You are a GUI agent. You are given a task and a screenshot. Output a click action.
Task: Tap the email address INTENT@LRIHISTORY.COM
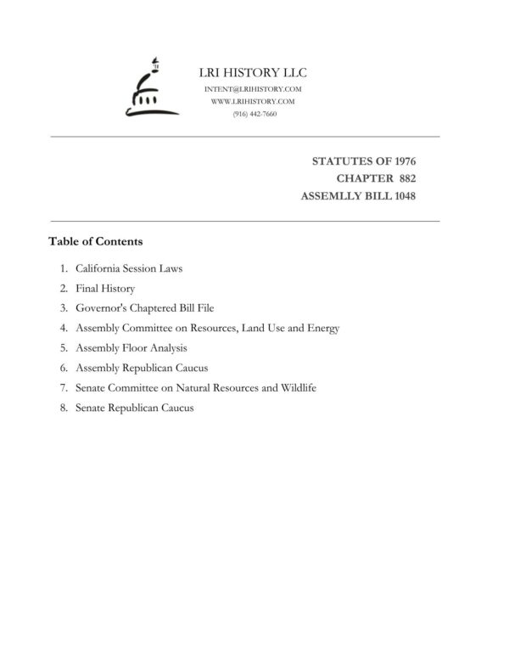[x=254, y=89]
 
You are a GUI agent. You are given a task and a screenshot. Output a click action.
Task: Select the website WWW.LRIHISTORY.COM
[x=254, y=101]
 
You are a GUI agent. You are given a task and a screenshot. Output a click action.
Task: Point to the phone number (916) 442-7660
[x=254, y=113]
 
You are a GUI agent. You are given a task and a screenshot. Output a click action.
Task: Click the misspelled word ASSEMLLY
[x=332, y=196]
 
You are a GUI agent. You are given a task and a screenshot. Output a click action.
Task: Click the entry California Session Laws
[x=129, y=268]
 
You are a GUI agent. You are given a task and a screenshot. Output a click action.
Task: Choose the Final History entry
[x=105, y=289]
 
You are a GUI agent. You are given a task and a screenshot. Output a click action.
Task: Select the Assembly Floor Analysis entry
[x=131, y=347]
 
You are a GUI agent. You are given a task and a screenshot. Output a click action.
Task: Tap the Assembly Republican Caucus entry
[x=142, y=368]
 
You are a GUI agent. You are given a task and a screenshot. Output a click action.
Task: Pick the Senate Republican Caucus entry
[x=135, y=408]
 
